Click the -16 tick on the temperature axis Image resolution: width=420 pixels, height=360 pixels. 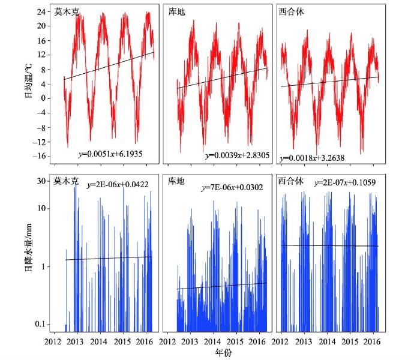coord(42,156)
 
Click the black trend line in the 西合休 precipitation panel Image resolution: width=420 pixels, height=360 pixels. coord(329,245)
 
